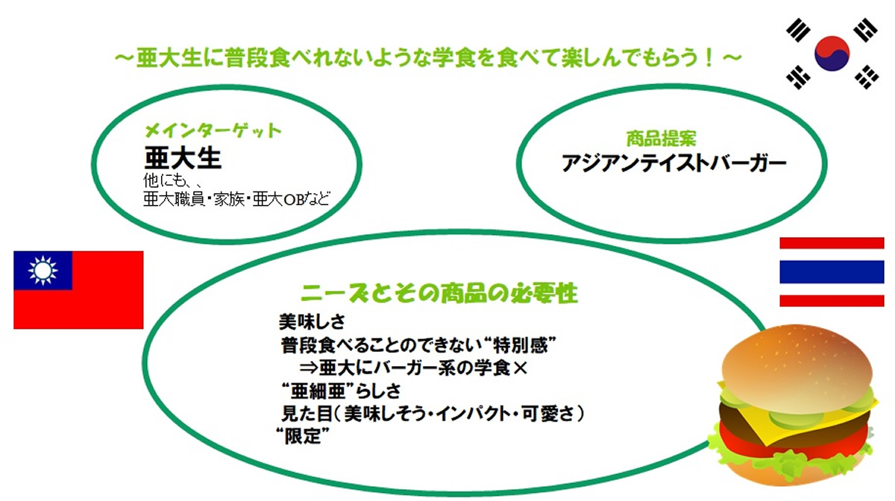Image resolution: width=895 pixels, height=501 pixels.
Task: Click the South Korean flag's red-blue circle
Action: pyautogui.click(x=832, y=54)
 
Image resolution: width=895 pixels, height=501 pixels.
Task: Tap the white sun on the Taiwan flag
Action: pyautogui.click(x=43, y=271)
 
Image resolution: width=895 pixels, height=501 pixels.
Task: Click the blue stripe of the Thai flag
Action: pyautogui.click(x=832, y=271)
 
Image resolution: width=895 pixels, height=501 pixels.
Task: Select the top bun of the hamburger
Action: pyautogui.click(x=797, y=359)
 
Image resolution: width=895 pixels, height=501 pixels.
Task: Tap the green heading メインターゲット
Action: pyautogui.click(x=213, y=130)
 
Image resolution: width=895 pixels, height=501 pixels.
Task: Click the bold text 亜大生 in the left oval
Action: pyautogui.click(x=183, y=158)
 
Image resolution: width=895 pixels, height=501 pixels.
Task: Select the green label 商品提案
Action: pyautogui.click(x=661, y=139)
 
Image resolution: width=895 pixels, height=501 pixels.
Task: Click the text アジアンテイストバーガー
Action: pyautogui.click(x=673, y=163)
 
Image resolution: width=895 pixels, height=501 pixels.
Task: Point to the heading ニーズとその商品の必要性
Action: pyautogui.click(x=439, y=293)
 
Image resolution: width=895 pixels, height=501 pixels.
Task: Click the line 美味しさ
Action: pyautogui.click(x=312, y=321)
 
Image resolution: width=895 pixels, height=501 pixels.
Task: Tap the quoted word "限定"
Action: pyautogui.click(x=303, y=435)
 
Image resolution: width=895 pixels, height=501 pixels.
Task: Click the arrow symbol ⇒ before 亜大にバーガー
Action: pyautogui.click(x=309, y=368)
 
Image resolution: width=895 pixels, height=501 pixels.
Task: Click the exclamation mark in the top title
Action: pyautogui.click(x=709, y=57)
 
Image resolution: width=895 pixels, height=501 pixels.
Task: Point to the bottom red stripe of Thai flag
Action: pyautogui.click(x=832, y=301)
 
